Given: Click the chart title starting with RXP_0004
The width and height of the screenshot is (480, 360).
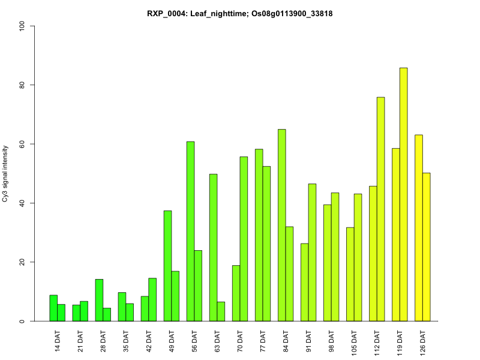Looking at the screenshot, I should [x=240, y=13].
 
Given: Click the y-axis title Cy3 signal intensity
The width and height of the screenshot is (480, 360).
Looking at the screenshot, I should [x=6, y=173].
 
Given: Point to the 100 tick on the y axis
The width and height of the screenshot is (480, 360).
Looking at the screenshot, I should [x=22, y=26].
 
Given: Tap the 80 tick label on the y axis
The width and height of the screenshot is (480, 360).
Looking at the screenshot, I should [x=22, y=85].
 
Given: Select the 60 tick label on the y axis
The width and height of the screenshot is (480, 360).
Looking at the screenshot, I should [x=22, y=144].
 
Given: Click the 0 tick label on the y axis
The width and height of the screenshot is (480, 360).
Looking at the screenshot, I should [x=22, y=321].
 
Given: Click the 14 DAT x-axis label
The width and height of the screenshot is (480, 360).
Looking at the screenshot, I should [x=58, y=340].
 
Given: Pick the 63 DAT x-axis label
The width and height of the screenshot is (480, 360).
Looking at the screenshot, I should [x=217, y=340].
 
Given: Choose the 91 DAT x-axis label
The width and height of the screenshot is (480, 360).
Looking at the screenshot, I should [x=308, y=340].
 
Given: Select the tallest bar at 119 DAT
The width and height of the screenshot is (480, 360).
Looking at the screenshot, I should [x=403, y=194].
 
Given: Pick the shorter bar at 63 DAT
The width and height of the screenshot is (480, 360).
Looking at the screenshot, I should [x=221, y=311].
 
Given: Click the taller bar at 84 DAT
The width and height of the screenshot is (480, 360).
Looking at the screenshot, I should [x=282, y=225].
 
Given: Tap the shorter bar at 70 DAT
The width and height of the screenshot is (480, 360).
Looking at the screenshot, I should [x=236, y=293].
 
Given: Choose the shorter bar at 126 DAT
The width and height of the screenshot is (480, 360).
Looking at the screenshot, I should [x=427, y=247].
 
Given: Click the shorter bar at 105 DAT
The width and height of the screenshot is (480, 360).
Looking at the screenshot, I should [x=350, y=274].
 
